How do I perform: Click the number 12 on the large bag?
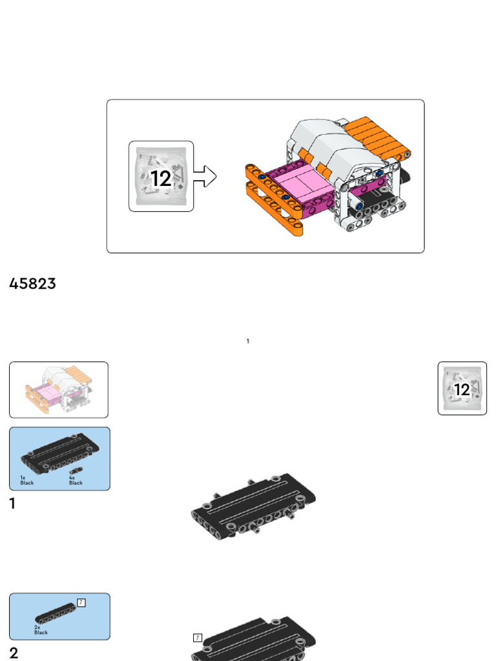[161, 178]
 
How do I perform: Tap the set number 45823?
[32, 284]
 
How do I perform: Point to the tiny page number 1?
[248, 341]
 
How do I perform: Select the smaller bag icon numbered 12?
[462, 389]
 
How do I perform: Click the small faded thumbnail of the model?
[59, 389]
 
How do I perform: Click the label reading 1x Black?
[26, 480]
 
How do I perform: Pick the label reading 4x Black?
[76, 480]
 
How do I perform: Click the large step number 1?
[12, 504]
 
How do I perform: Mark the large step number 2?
[14, 653]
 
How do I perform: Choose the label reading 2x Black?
[41, 630]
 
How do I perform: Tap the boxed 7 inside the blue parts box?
[81, 602]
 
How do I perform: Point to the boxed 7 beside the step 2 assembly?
[198, 638]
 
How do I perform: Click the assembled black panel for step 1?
[253, 505]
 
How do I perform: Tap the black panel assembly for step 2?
[258, 642]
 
